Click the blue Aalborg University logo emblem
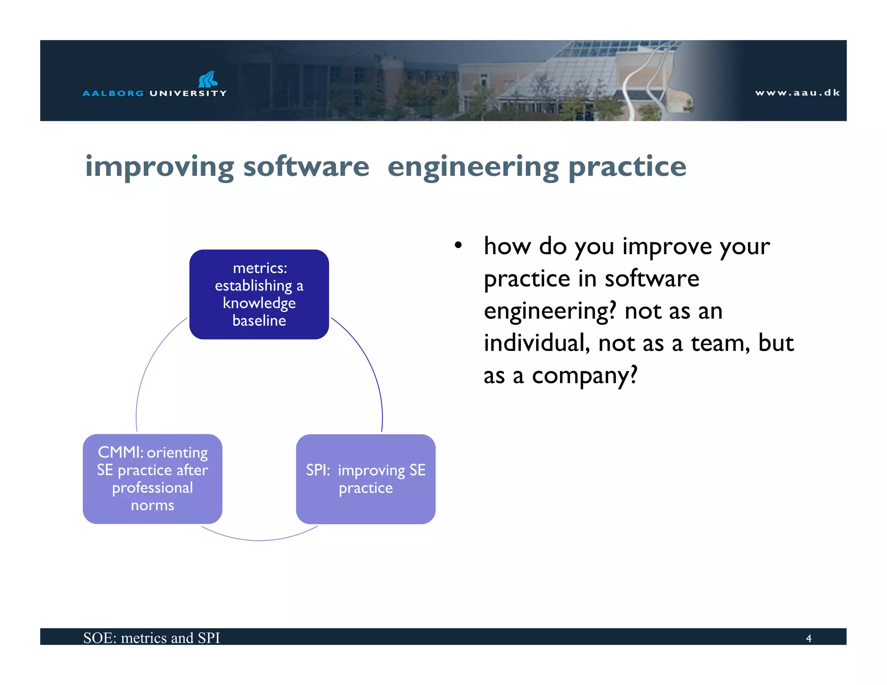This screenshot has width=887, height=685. click(208, 79)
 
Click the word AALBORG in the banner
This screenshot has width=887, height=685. click(113, 93)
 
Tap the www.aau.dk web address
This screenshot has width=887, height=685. click(797, 93)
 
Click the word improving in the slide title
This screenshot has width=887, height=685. click(159, 167)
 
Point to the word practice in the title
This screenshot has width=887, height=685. click(627, 167)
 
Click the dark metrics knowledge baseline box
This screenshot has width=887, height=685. click(259, 294)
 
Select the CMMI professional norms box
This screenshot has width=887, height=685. click(152, 478)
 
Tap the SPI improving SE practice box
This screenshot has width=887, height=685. click(366, 478)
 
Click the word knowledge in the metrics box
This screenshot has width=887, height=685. click(259, 303)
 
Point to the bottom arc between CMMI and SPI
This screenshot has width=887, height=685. click(259, 540)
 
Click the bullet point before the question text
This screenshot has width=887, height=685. click(458, 246)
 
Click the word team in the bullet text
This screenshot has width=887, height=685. click(720, 343)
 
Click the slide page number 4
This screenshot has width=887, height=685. click(808, 638)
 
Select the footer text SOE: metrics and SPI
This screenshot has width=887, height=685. click(152, 638)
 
